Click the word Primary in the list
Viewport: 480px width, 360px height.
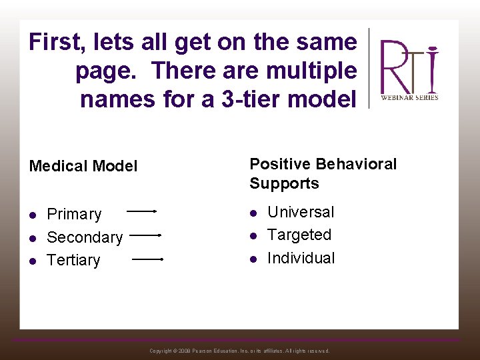[x=74, y=215]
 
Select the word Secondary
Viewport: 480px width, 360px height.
[x=85, y=237]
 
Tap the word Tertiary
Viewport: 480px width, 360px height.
[x=73, y=260]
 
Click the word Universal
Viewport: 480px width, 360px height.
[x=301, y=212]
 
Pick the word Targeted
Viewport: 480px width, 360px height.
[x=299, y=235]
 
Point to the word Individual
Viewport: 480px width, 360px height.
[x=301, y=258]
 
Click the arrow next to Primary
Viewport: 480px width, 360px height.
[x=141, y=211]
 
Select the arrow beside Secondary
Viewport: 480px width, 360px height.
[x=146, y=235]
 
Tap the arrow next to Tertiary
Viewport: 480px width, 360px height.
[x=148, y=259]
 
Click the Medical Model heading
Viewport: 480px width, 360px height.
[x=83, y=166]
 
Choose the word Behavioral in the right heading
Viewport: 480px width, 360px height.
[x=357, y=164]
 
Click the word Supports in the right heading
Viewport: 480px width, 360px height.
[x=284, y=183]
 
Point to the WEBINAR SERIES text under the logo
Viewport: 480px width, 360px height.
[x=409, y=97]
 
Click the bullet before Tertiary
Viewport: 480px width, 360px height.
[x=33, y=261]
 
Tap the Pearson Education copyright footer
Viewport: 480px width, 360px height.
[x=239, y=351]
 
